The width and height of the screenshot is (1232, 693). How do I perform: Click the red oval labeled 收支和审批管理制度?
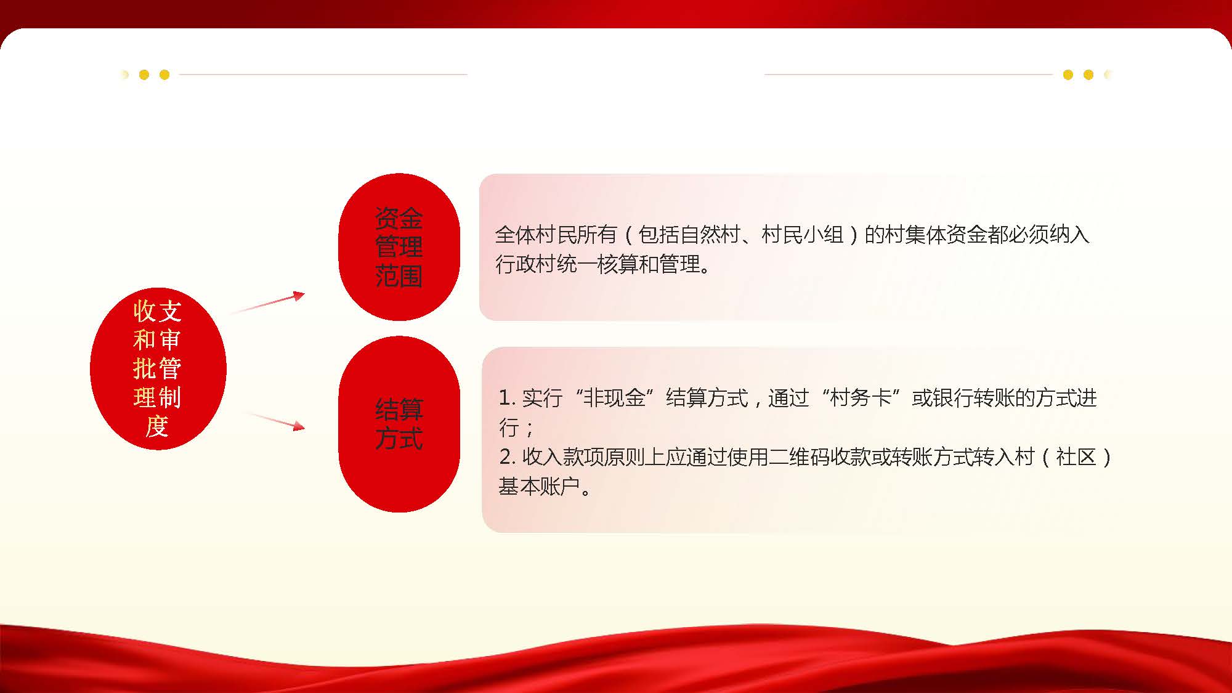[158, 368]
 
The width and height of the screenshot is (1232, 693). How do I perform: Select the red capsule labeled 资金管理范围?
[399, 247]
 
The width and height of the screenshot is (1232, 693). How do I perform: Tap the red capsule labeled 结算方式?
[399, 424]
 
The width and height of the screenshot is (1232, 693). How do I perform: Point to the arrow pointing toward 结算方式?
[275, 421]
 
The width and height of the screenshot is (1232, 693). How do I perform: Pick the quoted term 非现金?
[614, 398]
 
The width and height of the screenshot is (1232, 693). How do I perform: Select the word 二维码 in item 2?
[799, 457]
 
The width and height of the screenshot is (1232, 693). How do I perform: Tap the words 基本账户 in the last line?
[539, 487]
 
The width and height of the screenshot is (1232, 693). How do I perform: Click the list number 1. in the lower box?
[507, 398]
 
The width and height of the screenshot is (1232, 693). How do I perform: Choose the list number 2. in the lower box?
[507, 457]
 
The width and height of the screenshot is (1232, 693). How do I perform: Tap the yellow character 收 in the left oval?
[144, 311]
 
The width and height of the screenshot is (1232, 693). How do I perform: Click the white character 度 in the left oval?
[157, 426]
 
